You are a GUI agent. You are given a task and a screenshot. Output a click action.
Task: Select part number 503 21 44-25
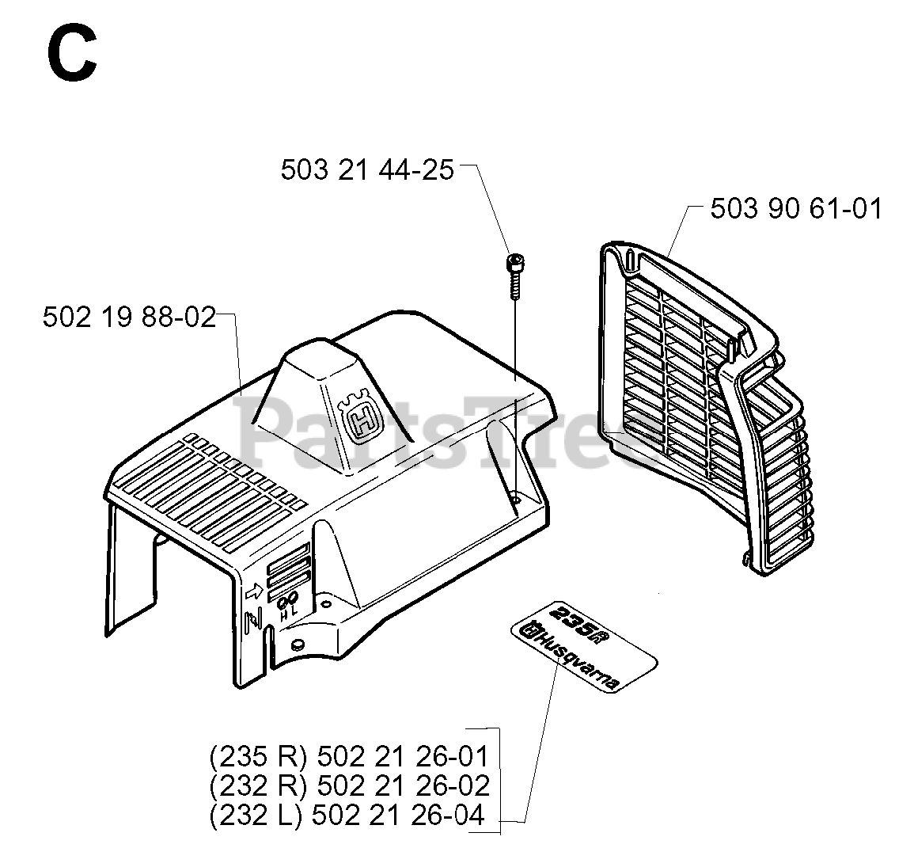click(367, 169)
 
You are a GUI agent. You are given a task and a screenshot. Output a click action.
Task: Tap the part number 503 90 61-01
click(795, 209)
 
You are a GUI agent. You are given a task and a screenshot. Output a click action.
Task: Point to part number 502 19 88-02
click(129, 318)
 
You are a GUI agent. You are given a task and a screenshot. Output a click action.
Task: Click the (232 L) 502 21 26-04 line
click(347, 815)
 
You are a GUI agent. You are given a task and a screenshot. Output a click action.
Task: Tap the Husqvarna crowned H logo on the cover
click(358, 417)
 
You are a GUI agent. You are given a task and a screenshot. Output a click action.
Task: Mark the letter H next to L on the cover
click(282, 612)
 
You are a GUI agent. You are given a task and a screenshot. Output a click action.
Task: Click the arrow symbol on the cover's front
click(255, 591)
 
